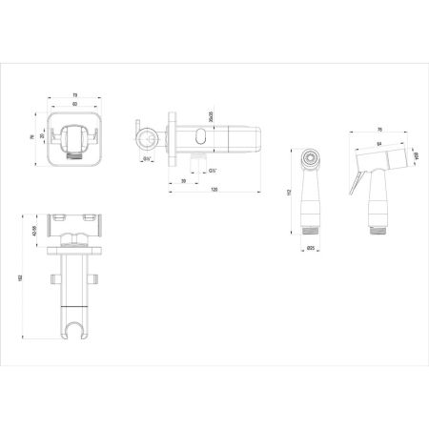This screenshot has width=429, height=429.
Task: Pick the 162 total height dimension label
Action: coord(21,277)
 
